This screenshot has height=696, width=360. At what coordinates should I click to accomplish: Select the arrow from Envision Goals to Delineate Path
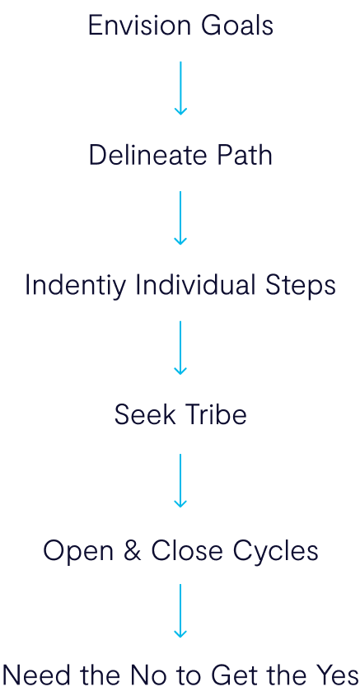[180, 88]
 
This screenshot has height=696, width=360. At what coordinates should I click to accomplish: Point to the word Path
[245, 155]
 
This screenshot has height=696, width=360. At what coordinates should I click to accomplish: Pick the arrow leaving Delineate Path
[180, 218]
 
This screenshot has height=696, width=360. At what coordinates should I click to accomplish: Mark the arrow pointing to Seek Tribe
[180, 348]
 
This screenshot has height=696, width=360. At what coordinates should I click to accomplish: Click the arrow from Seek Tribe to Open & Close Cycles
[180, 481]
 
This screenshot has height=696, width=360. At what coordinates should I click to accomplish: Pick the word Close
[186, 551]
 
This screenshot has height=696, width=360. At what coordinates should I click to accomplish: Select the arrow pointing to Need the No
[180, 611]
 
